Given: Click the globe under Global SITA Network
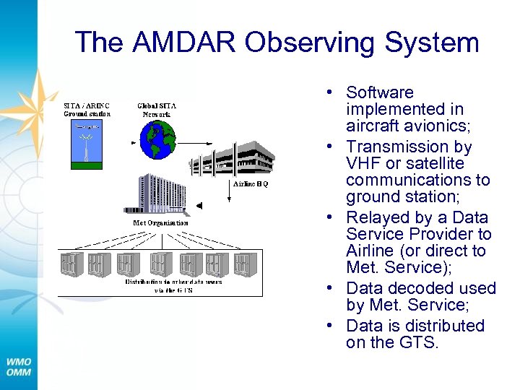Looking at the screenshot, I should coord(158,139).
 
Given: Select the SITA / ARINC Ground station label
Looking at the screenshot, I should coord(86,109).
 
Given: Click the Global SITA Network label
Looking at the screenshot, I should coord(156,109).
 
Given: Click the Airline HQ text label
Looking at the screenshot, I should coord(250,184).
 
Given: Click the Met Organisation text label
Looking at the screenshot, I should coord(160,223).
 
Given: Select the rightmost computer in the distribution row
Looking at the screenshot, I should coord(245,264).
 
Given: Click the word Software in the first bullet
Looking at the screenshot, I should coord(380,92).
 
